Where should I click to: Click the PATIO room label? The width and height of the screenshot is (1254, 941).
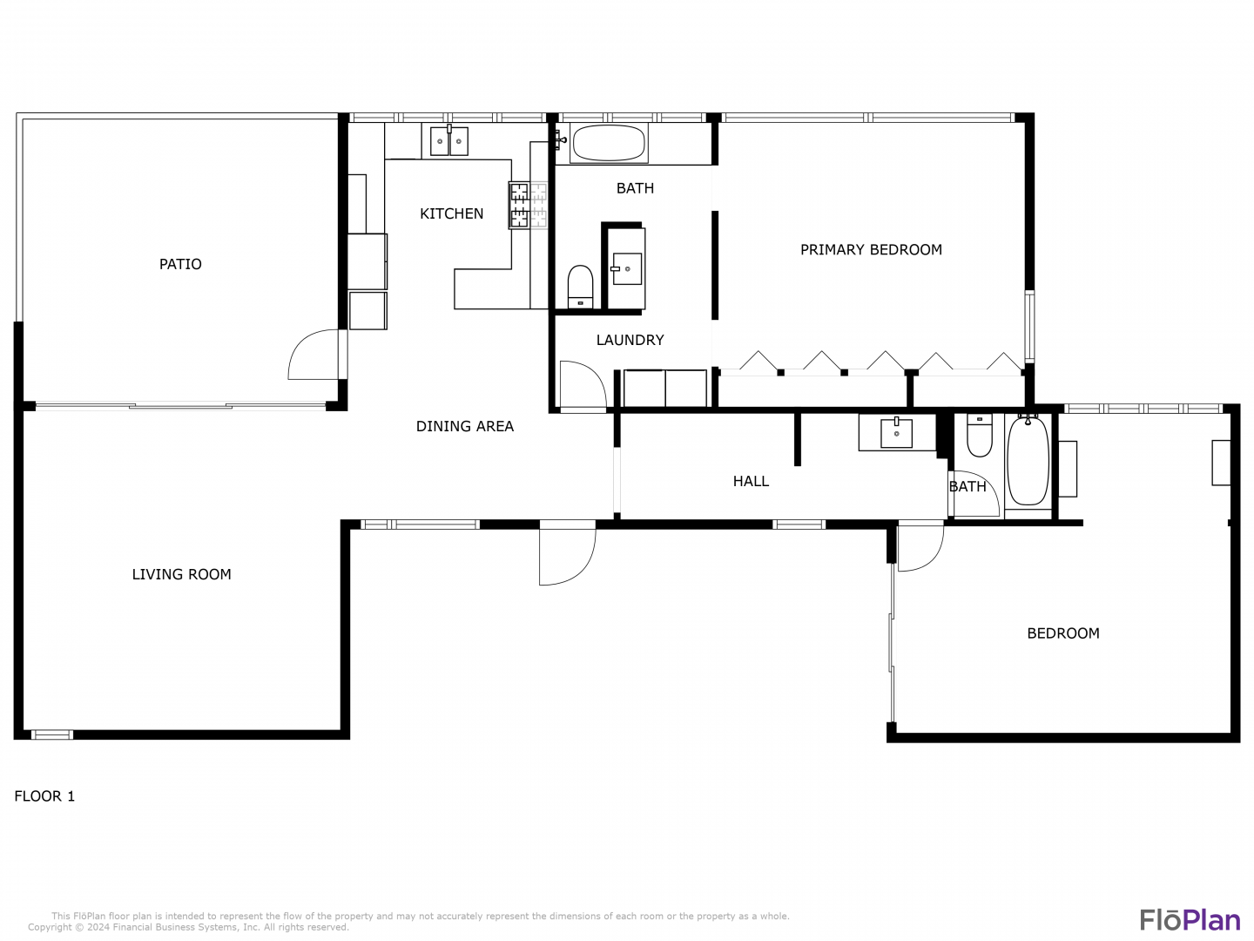pyautogui.click(x=180, y=264)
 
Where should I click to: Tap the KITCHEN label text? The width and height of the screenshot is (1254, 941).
pyautogui.click(x=451, y=213)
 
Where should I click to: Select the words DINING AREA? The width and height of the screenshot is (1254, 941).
pyautogui.click(x=464, y=426)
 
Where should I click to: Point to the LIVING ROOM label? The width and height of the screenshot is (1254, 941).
pyautogui.click(x=182, y=574)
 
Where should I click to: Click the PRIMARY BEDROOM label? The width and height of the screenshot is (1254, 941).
pyautogui.click(x=871, y=250)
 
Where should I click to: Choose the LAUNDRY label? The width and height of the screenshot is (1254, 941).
pyautogui.click(x=630, y=340)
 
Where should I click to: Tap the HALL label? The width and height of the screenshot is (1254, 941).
pyautogui.click(x=751, y=481)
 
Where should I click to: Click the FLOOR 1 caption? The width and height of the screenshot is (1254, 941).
pyautogui.click(x=44, y=795)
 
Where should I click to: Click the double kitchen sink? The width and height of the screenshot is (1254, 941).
pyautogui.click(x=449, y=141)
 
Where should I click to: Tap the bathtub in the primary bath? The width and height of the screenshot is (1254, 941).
pyautogui.click(x=608, y=143)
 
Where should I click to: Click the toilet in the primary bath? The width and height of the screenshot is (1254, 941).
pyautogui.click(x=581, y=287)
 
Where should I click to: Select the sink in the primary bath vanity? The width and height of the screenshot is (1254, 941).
pyautogui.click(x=627, y=268)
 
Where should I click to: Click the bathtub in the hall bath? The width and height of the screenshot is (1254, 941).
pyautogui.click(x=1028, y=461)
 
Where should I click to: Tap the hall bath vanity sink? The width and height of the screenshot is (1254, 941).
pyautogui.click(x=896, y=432)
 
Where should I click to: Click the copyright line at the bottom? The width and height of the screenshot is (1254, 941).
pyautogui.click(x=188, y=927)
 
